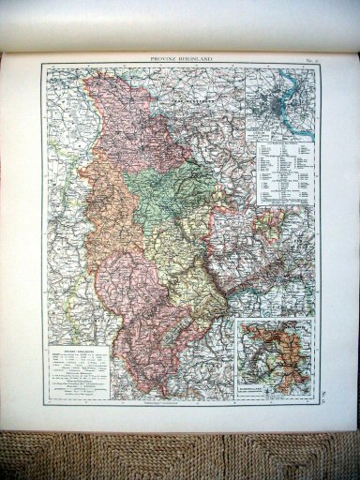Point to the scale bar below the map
[178, 404]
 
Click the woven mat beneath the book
[178, 455]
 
